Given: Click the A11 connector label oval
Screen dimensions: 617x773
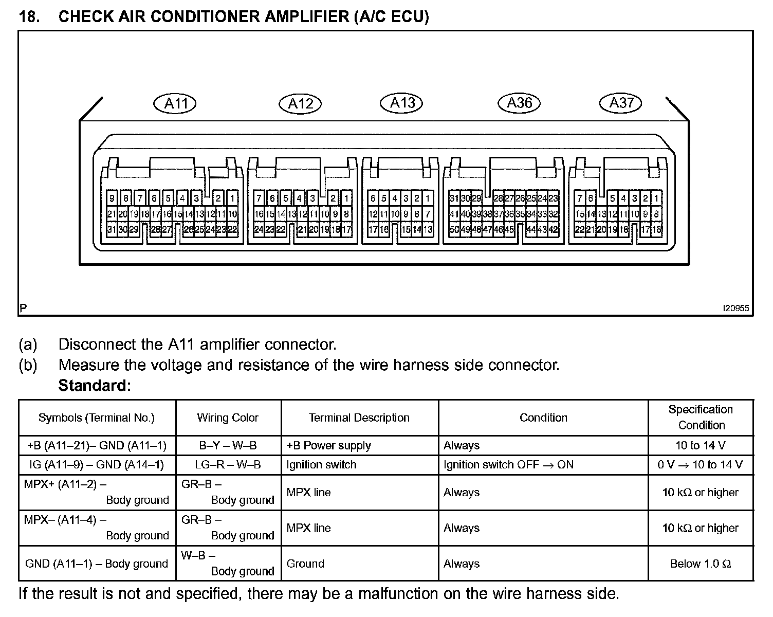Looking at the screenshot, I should point(175,104).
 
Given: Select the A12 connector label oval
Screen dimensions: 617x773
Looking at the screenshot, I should point(300,104).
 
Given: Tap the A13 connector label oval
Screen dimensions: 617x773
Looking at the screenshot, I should point(401,103).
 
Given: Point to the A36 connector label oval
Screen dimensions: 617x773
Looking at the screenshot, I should point(519,103).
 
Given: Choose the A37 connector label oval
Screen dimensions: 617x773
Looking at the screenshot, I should point(621,103).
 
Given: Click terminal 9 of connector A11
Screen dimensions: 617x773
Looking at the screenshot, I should point(112,198).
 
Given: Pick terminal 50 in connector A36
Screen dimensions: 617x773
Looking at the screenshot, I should point(454,230).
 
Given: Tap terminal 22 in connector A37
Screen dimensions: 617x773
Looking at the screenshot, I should point(579,230).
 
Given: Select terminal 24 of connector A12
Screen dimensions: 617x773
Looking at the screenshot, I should point(259,230).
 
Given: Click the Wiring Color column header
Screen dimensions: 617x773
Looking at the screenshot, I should point(228,418).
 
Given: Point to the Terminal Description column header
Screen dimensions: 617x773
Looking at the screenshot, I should point(359,418).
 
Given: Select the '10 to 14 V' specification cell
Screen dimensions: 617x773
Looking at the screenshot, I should point(701,445).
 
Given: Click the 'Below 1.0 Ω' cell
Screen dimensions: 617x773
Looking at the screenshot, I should point(701,564).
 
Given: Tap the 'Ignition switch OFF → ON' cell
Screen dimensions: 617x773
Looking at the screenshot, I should point(508,465).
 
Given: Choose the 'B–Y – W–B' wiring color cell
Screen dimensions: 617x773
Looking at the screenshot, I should point(228,445).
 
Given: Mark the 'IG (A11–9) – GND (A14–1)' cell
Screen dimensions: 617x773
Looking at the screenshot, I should point(97,465).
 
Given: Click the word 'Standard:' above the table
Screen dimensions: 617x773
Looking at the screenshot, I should point(95,385).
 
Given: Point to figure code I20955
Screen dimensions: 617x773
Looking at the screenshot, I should point(735,308).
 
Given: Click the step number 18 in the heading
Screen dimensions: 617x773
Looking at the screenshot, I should point(29,17).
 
